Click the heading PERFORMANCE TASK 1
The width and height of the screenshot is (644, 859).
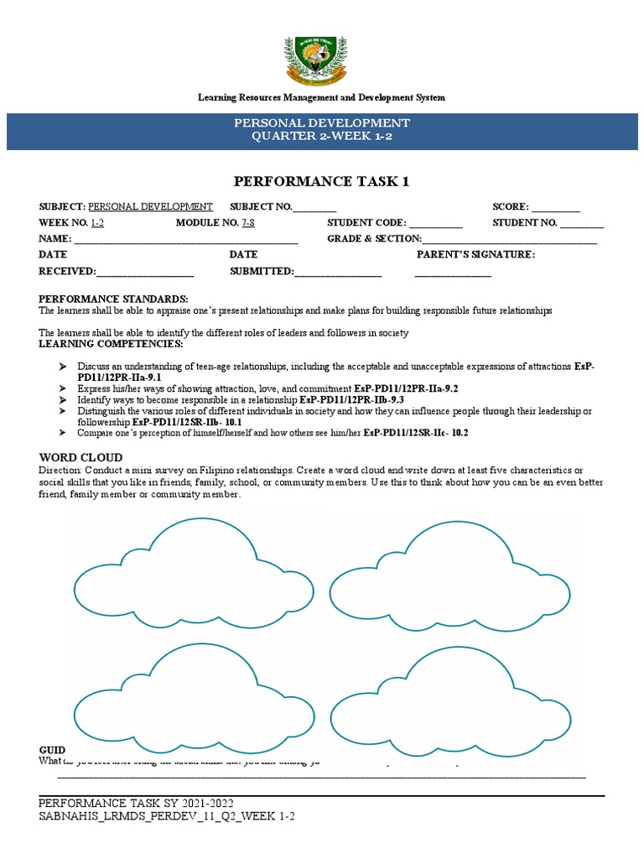(321, 181)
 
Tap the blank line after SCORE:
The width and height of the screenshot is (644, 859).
(556, 207)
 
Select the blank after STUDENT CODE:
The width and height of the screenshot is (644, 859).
(435, 223)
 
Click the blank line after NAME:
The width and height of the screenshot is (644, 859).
(186, 239)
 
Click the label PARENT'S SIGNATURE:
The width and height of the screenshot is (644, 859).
(475, 255)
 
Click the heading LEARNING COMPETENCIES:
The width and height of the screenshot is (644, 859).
(111, 344)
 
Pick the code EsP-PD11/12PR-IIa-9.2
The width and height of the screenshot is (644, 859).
(406, 389)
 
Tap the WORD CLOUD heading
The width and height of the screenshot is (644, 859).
(80, 457)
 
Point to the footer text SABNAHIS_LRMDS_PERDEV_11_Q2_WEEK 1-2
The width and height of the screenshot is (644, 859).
(167, 816)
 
